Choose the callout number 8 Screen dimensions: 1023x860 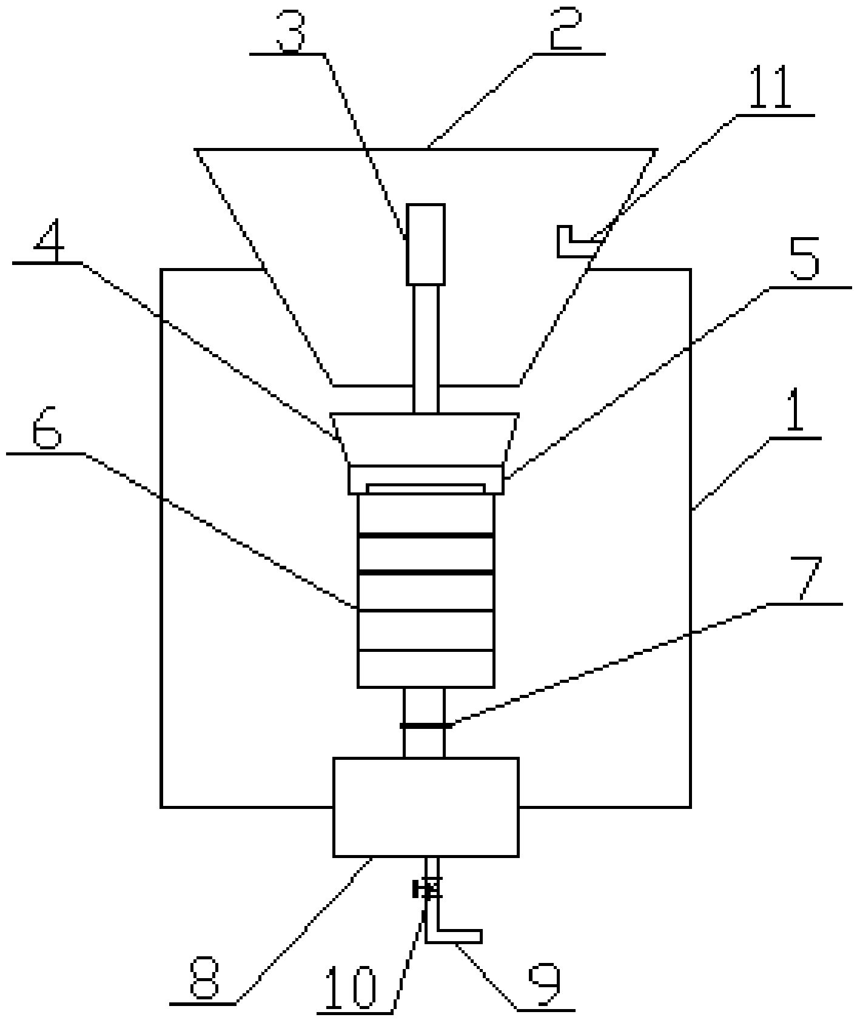(204, 978)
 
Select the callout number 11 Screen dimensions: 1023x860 (770, 89)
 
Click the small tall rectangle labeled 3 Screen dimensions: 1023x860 (426, 244)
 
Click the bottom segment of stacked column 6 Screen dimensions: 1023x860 (426, 669)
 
